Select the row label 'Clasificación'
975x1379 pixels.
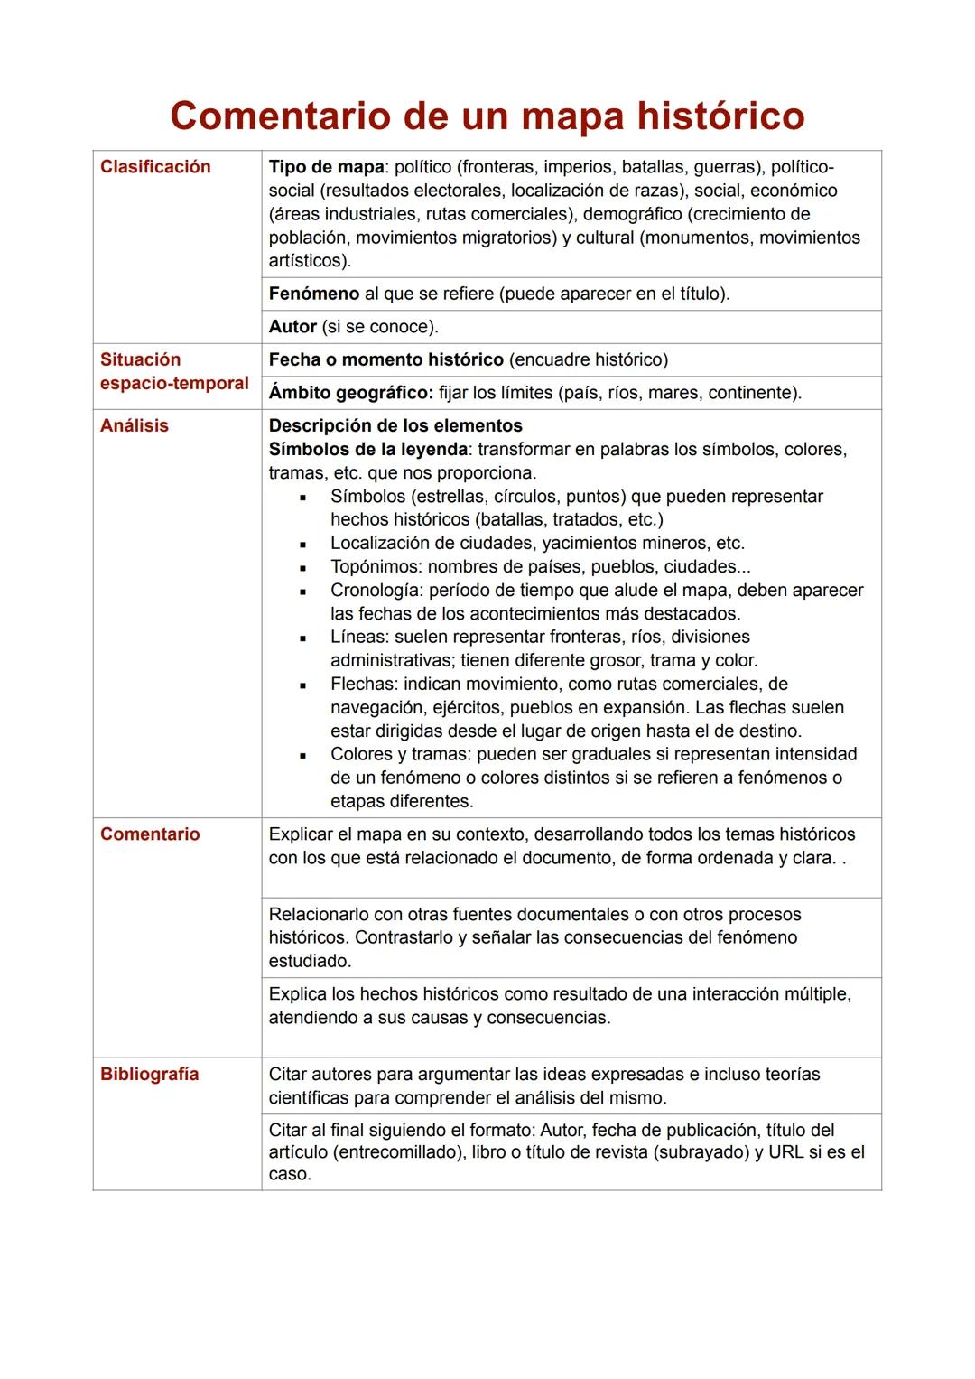tap(155, 167)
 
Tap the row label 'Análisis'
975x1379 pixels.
tap(135, 426)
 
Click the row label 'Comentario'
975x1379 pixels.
tap(150, 834)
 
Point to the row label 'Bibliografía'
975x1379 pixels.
tap(150, 1075)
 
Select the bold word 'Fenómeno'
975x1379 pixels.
tap(314, 294)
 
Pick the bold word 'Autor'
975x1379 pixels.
tap(292, 327)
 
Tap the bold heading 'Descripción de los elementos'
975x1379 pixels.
tap(395, 426)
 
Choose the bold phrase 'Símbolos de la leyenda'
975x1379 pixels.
tap(368, 450)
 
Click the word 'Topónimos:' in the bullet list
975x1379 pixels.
tap(376, 567)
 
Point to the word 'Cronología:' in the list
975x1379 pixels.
tap(377, 591)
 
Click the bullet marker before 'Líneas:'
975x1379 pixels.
tap(303, 638)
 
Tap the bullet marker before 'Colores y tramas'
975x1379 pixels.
tap(303, 756)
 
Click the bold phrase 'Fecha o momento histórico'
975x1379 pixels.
tap(386, 360)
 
